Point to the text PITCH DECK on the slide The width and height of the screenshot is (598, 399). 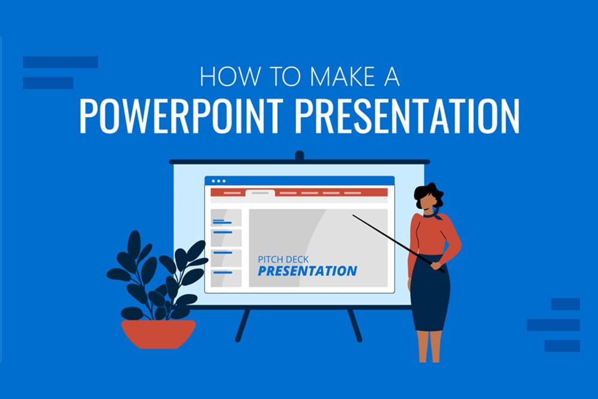[283, 260]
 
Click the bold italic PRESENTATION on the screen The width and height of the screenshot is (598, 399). [307, 272]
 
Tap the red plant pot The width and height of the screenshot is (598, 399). [158, 333]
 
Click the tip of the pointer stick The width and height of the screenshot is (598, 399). [354, 216]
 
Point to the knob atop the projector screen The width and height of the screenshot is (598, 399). [300, 156]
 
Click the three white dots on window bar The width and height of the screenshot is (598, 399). [219, 181]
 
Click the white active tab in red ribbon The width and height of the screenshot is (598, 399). [260, 193]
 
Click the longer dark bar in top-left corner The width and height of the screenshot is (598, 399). [60, 62]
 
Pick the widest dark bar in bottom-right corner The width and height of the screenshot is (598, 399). [553, 325]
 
